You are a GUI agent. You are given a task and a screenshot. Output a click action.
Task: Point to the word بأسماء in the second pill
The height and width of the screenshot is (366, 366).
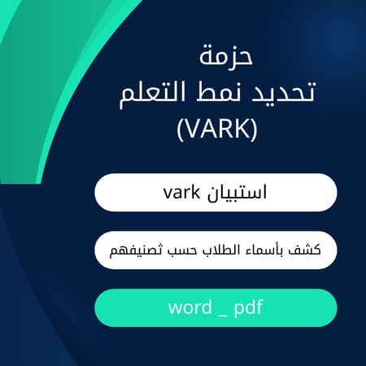point(265,251)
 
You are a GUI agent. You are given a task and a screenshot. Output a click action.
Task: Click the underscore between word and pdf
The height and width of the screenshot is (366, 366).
point(220,314)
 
